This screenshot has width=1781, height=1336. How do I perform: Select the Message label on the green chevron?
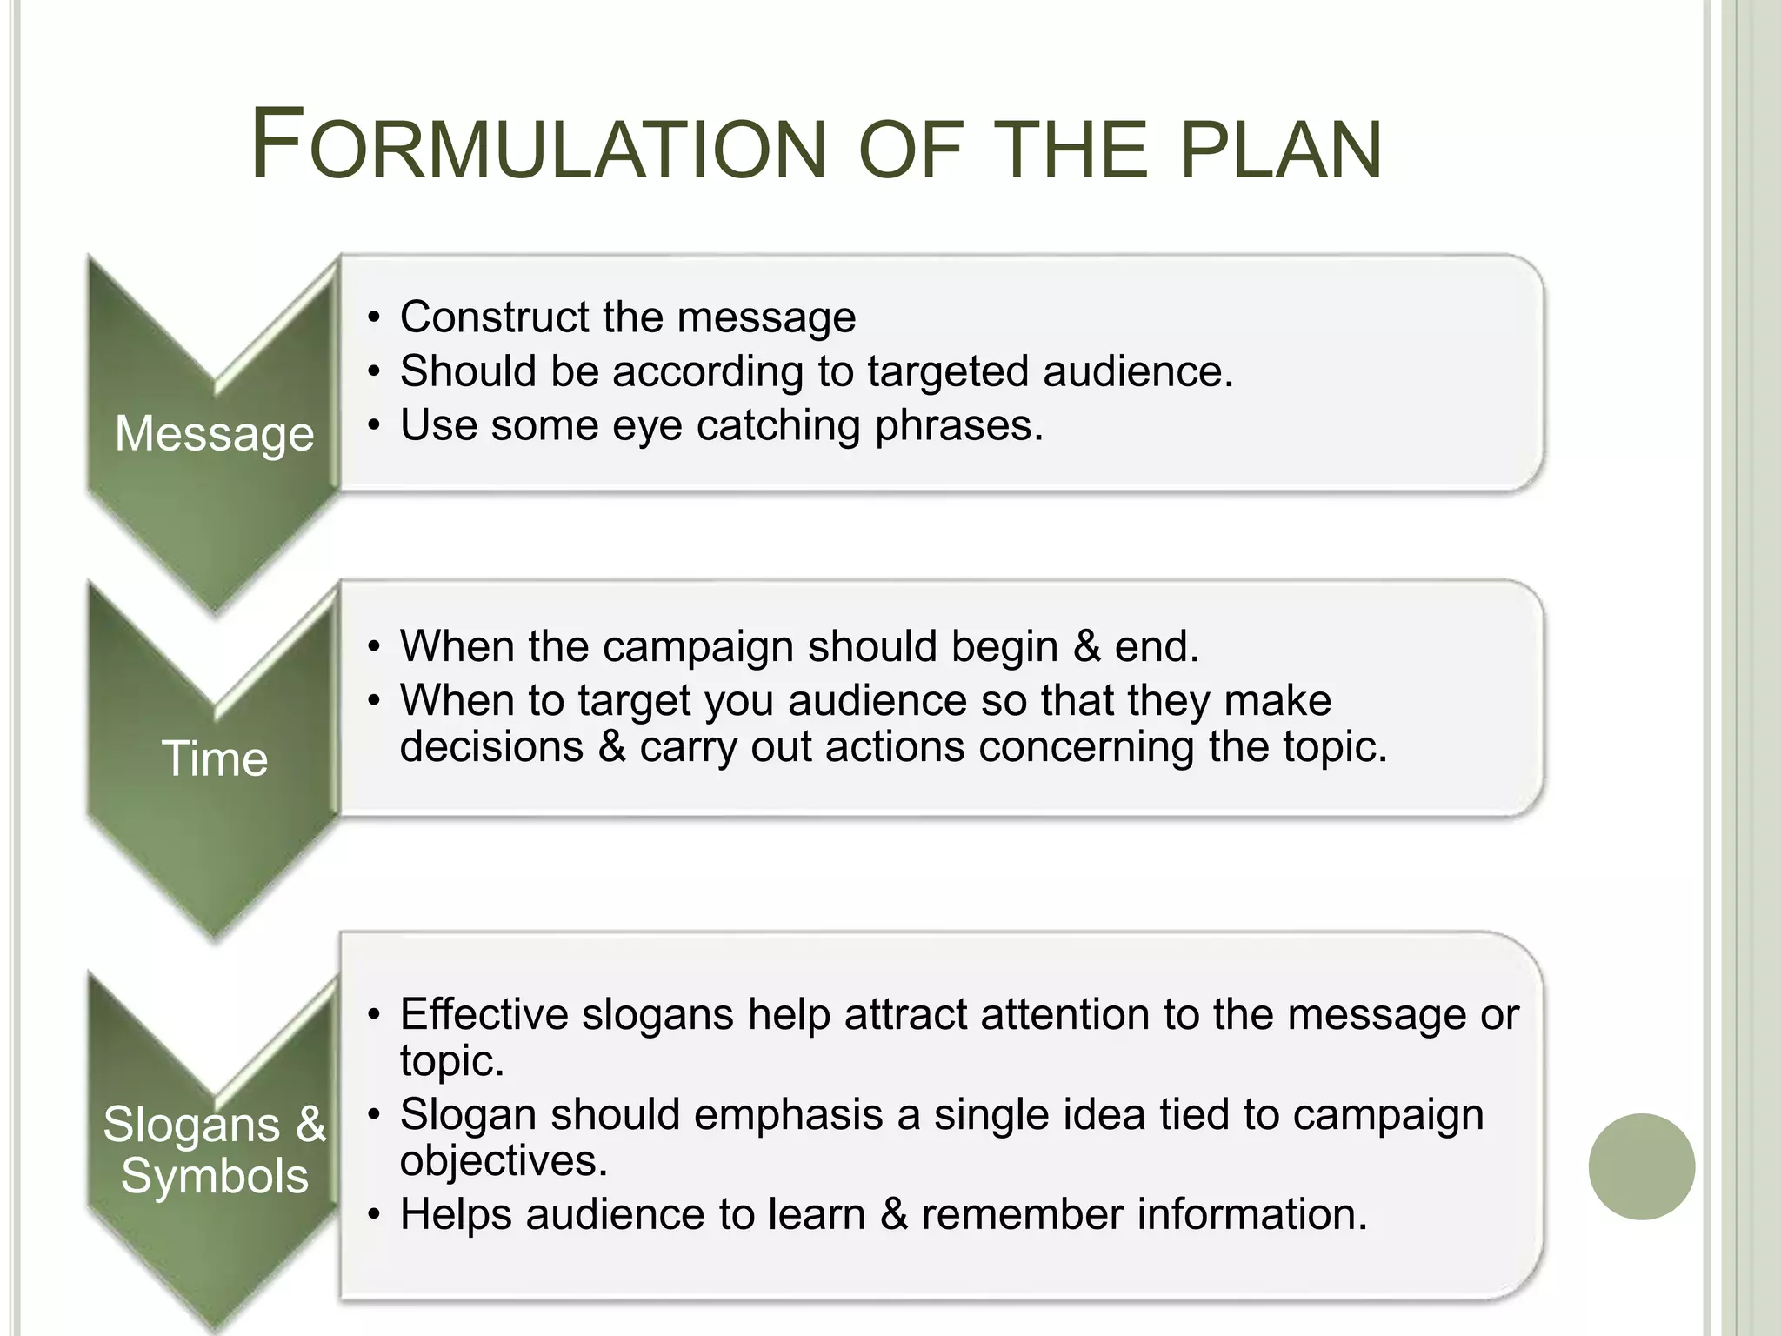click(x=214, y=433)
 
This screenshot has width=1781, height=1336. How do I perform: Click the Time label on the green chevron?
click(x=214, y=758)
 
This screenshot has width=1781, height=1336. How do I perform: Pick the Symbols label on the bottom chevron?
click(x=214, y=1176)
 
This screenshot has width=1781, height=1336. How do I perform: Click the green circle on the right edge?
click(x=1641, y=1166)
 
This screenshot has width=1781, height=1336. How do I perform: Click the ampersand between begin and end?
click(x=1087, y=647)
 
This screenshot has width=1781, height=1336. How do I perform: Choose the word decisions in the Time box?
click(x=491, y=746)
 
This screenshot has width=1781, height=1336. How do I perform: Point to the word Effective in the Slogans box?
click(x=484, y=1014)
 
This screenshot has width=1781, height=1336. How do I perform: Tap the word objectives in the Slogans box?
click(x=503, y=1161)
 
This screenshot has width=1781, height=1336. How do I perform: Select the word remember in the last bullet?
click(x=1022, y=1214)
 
